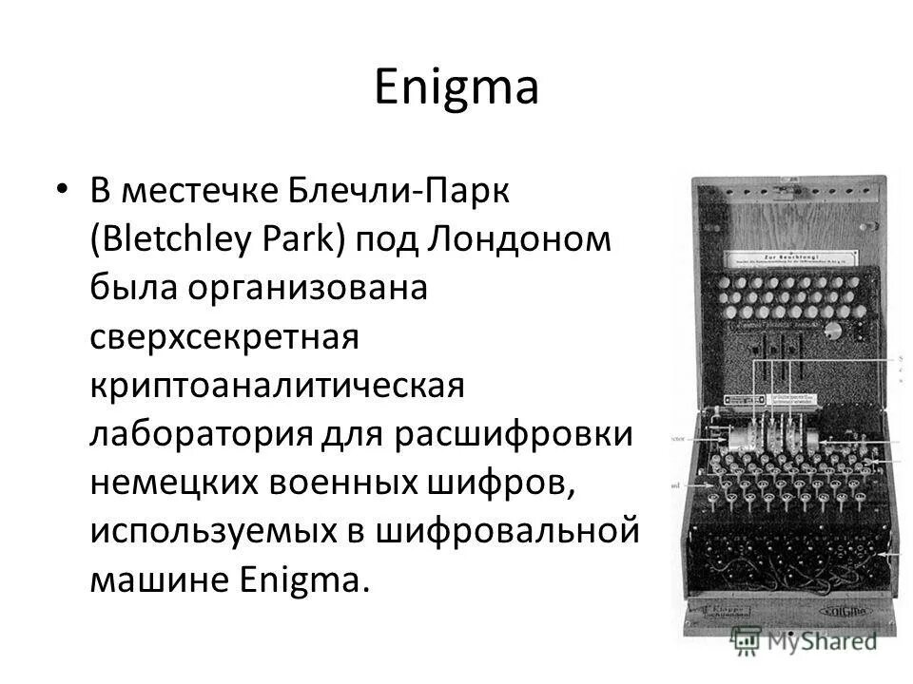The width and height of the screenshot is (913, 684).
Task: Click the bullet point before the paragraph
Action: [x=62, y=191]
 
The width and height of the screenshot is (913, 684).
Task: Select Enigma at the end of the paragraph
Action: [x=303, y=579]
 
